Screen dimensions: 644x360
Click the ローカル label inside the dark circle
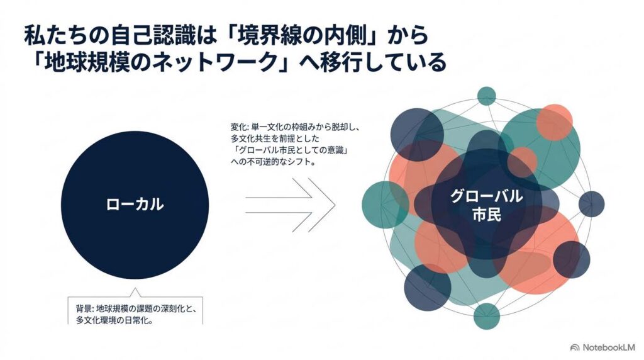pos(135,205)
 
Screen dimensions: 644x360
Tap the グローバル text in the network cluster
pos(487,196)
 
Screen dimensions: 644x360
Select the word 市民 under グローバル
pos(487,215)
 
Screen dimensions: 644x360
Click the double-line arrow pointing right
pos(291,205)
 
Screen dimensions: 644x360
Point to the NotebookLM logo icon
pos(575,347)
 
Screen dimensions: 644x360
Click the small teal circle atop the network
pos(487,96)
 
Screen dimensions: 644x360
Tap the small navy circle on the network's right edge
pos(591,204)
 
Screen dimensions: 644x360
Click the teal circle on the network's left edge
pos(386,205)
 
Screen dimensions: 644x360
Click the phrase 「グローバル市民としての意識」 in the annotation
pos(290,150)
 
